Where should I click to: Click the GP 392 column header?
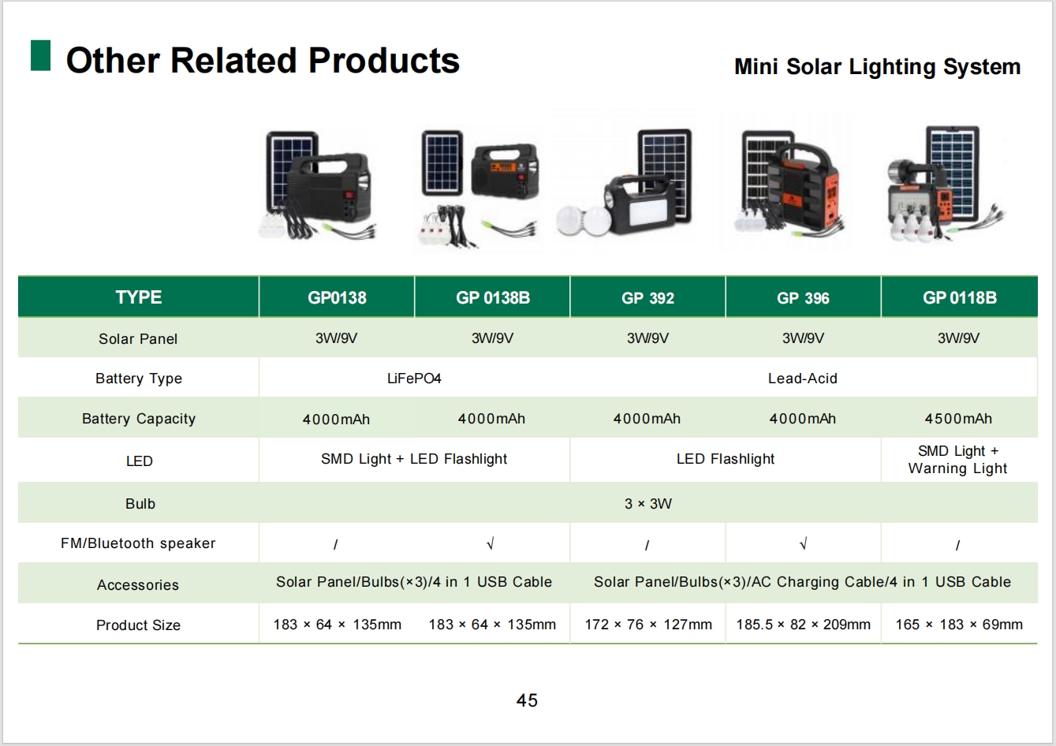[647, 298]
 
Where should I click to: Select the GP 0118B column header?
[960, 298]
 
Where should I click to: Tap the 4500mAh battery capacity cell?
[958, 419]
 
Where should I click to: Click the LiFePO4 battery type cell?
[414, 379]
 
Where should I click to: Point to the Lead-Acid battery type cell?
[802, 379]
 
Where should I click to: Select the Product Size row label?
[138, 625]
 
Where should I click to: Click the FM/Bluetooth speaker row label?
[138, 543]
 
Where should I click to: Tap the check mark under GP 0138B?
[491, 544]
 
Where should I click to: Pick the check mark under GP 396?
[804, 544]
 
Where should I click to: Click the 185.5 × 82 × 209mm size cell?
[804, 625]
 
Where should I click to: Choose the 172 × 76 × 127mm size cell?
[648, 625]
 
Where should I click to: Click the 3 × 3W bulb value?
[648, 504]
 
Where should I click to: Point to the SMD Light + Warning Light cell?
[958, 460]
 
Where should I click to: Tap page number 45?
[527, 700]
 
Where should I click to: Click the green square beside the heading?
[40, 56]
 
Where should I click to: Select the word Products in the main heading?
[384, 61]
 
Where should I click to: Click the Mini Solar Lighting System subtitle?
[877, 67]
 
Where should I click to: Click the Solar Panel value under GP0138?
[336, 338]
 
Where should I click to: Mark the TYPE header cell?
[139, 297]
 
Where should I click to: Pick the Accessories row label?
[138, 585]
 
